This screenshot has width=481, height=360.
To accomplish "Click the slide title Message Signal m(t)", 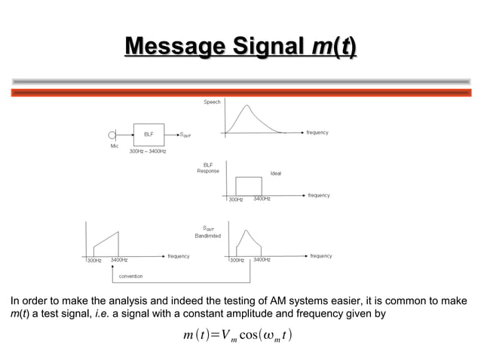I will point(240,50).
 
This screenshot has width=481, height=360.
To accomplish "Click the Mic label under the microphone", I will point(115,146).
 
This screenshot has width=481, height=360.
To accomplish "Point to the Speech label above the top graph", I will point(212,101).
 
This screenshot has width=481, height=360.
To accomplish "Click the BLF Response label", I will point(208,167).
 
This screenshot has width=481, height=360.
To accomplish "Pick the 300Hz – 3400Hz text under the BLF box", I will point(148,151).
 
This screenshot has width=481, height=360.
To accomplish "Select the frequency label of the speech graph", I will point(317,133).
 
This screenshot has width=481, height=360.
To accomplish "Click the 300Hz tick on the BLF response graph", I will point(236,200).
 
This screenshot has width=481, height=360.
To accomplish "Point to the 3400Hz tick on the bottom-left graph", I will point(118,260).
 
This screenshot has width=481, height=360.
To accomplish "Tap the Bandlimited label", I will point(208,236).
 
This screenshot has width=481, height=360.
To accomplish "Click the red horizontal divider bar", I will point(240,92).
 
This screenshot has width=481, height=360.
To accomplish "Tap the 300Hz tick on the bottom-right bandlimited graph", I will point(236,260).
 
